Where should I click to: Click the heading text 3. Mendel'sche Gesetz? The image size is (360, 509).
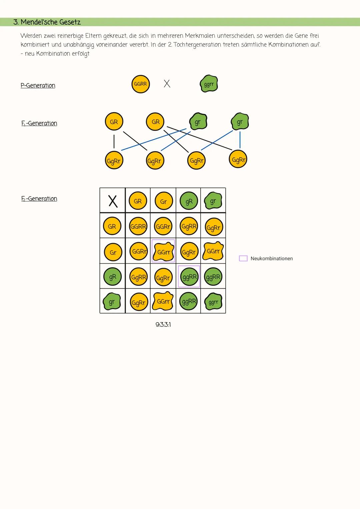tap(47, 22)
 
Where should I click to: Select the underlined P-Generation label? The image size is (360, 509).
tap(38, 86)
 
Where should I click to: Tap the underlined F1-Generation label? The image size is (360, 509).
tap(39, 123)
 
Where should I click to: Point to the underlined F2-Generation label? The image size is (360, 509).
tap(39, 199)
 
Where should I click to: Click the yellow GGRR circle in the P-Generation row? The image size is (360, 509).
tap(140, 84)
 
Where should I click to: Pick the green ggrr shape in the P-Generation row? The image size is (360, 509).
tap(209, 84)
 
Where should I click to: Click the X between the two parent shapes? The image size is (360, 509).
tap(167, 84)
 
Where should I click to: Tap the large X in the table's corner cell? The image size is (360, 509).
tap(113, 201)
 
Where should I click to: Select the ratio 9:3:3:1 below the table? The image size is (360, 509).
tap(163, 324)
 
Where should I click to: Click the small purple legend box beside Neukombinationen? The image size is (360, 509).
tap(243, 258)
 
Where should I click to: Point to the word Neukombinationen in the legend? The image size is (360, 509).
tap(271, 258)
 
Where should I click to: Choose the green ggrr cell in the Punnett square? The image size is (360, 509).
tap(213, 302)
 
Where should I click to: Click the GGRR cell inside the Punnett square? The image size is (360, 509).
tap(138, 227)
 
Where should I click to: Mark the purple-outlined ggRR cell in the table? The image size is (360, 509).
tap(189, 277)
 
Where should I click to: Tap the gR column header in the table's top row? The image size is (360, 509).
tap(189, 201)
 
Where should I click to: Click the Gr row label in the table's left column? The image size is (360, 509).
tap(113, 252)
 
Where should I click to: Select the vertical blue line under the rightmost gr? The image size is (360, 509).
tap(240, 140)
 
